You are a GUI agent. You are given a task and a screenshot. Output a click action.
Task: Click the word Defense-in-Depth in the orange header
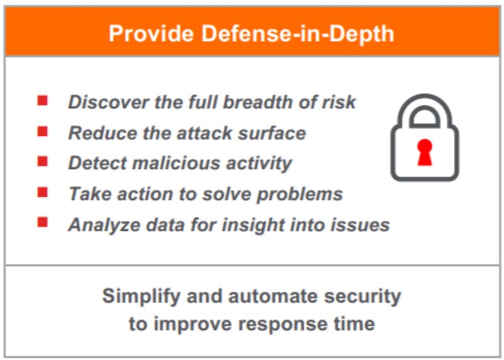point(297,34)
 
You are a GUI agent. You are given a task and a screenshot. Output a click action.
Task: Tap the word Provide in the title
point(151,33)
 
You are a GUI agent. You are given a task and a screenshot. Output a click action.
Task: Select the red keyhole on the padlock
point(425,153)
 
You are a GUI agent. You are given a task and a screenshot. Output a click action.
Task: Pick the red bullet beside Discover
point(42,100)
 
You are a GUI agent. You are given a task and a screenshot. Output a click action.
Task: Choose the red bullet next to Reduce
point(42,131)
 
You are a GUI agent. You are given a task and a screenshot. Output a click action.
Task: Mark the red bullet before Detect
point(42,161)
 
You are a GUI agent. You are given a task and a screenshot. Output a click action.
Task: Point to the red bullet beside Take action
point(42,192)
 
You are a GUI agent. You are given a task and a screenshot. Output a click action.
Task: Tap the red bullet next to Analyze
point(42,222)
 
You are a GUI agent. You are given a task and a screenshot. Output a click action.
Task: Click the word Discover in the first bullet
point(108,102)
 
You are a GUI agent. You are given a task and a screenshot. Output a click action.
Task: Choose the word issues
point(360,224)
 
